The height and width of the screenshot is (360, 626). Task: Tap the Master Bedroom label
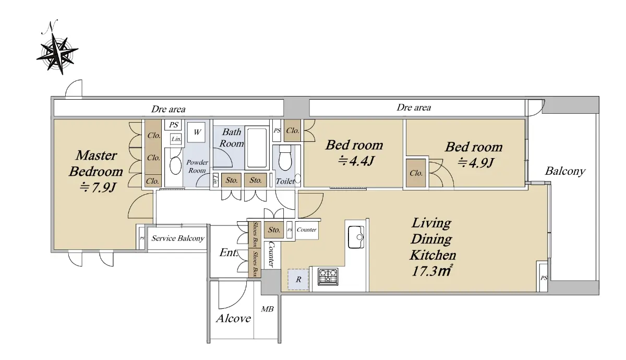coord(96,163)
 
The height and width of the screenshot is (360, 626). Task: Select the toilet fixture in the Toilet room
coord(285,158)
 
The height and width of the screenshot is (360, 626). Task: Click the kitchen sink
coord(356,237)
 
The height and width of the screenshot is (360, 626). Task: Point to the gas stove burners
coord(328,277)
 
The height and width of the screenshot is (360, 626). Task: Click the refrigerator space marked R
coord(298,280)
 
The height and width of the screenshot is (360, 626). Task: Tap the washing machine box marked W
coord(197,132)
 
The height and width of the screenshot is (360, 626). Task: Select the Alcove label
coord(233,318)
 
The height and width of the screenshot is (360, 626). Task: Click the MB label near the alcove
coord(267,309)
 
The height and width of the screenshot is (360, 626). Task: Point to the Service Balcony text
coord(178,238)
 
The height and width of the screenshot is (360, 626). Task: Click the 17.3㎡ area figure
coord(431,271)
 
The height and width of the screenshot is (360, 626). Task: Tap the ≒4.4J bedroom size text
coord(356,161)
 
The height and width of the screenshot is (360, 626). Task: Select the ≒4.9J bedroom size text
coord(476,163)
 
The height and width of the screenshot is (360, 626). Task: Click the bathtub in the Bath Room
coord(257,148)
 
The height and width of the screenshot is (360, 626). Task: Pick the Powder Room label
coord(197,166)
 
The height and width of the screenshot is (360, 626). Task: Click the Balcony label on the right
coord(565,171)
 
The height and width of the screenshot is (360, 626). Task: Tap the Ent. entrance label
coord(228,253)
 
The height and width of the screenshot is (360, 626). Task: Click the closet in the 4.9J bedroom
coord(416,173)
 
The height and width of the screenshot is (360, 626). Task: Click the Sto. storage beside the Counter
coord(274,230)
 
